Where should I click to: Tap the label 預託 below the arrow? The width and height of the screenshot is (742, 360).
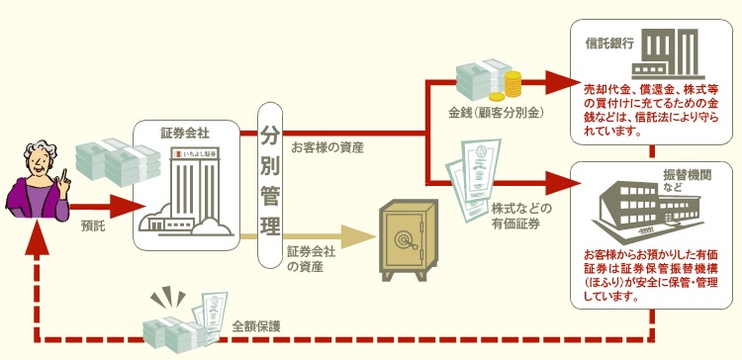click(x=94, y=225)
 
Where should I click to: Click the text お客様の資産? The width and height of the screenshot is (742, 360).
click(x=327, y=147)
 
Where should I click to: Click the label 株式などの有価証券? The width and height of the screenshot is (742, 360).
click(x=520, y=217)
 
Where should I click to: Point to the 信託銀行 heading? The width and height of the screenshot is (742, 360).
click(x=603, y=45)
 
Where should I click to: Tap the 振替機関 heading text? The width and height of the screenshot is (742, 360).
click(x=673, y=178)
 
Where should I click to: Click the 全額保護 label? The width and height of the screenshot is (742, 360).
click(x=256, y=325)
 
